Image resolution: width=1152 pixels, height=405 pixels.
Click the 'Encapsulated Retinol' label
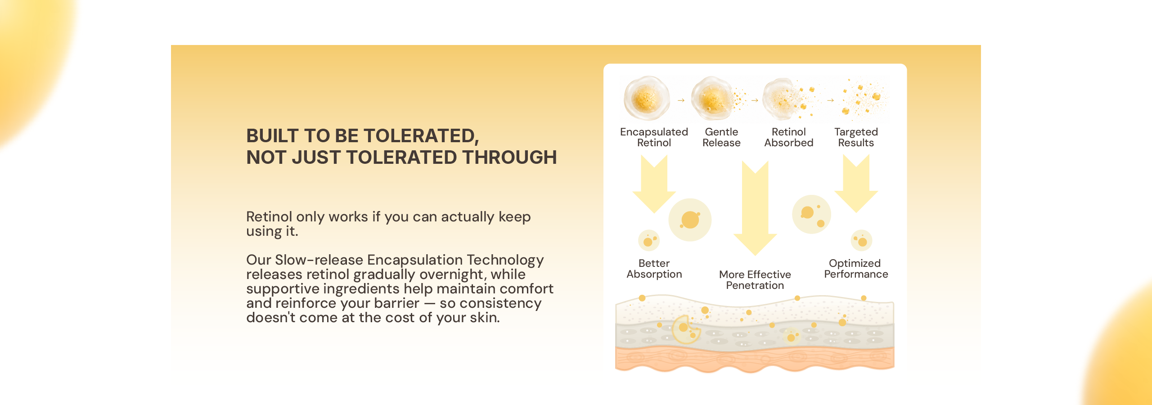click(654, 137)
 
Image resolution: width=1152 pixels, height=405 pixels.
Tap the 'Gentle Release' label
click(721, 137)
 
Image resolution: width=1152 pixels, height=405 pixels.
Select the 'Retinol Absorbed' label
click(788, 137)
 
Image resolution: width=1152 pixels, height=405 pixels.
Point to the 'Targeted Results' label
click(856, 137)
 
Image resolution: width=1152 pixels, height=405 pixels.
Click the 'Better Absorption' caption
click(654, 269)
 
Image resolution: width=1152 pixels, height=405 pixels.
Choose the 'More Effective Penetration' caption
click(755, 280)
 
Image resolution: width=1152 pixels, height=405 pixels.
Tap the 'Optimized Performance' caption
click(856, 269)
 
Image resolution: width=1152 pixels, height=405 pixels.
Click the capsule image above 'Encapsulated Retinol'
click(647, 98)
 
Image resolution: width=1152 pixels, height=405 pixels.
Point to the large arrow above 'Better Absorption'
click(654, 184)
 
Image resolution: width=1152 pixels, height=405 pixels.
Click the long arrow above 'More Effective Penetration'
click(755, 208)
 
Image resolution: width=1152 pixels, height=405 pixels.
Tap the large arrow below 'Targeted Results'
click(856, 184)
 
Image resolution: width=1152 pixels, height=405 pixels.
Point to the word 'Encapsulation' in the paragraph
click(415, 261)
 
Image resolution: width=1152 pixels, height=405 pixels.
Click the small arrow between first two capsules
click(681, 100)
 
